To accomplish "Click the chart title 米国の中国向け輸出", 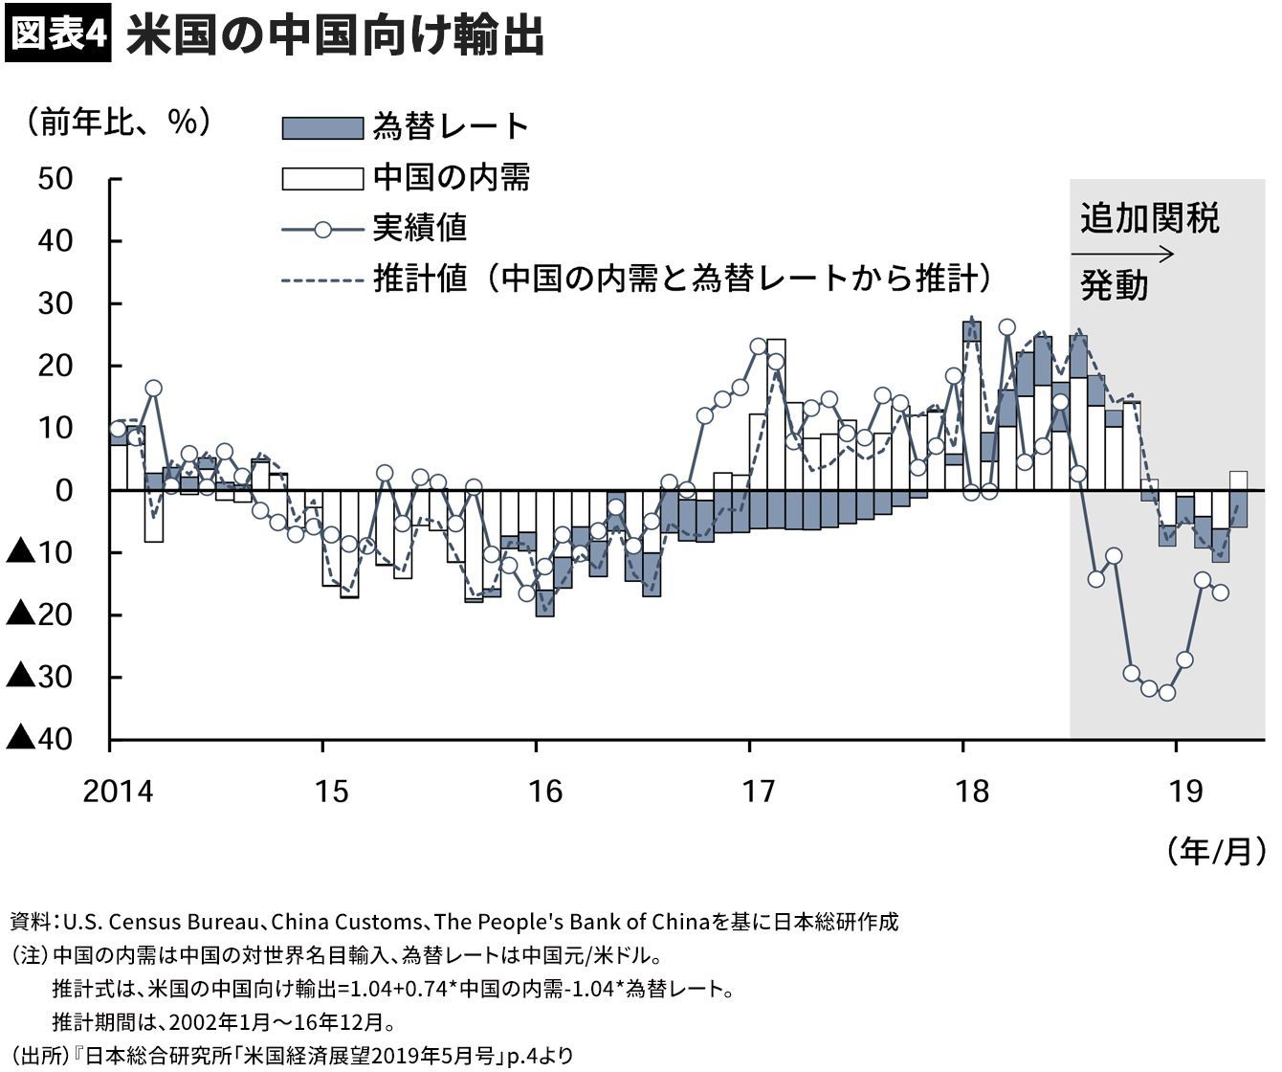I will (x=335, y=36).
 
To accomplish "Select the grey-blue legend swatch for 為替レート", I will (x=322, y=128).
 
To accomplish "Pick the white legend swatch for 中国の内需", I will (x=322, y=178).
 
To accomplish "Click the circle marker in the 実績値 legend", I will (x=322, y=229).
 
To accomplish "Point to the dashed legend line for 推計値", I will (x=322, y=279).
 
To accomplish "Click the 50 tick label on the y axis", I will (x=55, y=179).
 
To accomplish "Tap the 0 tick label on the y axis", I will (x=63, y=491).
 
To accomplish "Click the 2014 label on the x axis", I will (x=117, y=793).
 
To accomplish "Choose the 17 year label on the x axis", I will (x=759, y=793).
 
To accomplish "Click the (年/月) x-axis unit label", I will (x=1216, y=850).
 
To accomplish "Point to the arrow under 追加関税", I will (x=1121, y=255).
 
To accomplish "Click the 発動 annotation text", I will (x=1114, y=286).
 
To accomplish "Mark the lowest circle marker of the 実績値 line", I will (x=1166, y=692).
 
